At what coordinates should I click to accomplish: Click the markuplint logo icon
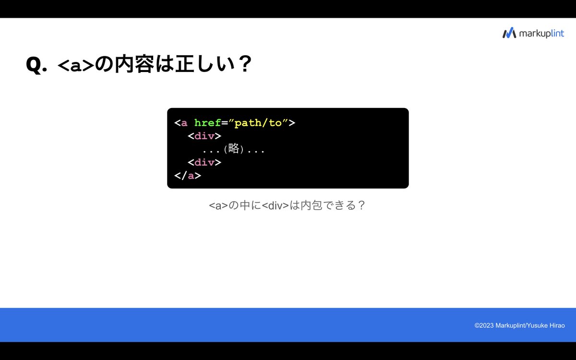pos(509,33)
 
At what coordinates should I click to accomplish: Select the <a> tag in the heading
pos(76,65)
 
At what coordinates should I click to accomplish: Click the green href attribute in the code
pos(207,122)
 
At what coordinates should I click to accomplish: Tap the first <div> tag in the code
pos(204,136)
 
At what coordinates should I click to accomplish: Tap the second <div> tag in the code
pos(204,162)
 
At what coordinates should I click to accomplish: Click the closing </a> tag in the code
pos(187,175)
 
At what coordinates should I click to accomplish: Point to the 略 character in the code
pos(234,149)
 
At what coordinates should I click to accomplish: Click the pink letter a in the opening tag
pos(184,123)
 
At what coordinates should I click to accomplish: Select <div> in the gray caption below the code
pos(276,206)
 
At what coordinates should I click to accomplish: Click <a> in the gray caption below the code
pos(218,206)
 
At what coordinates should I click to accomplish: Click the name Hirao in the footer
pos(555,325)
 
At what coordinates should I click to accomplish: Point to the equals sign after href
pos(224,123)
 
